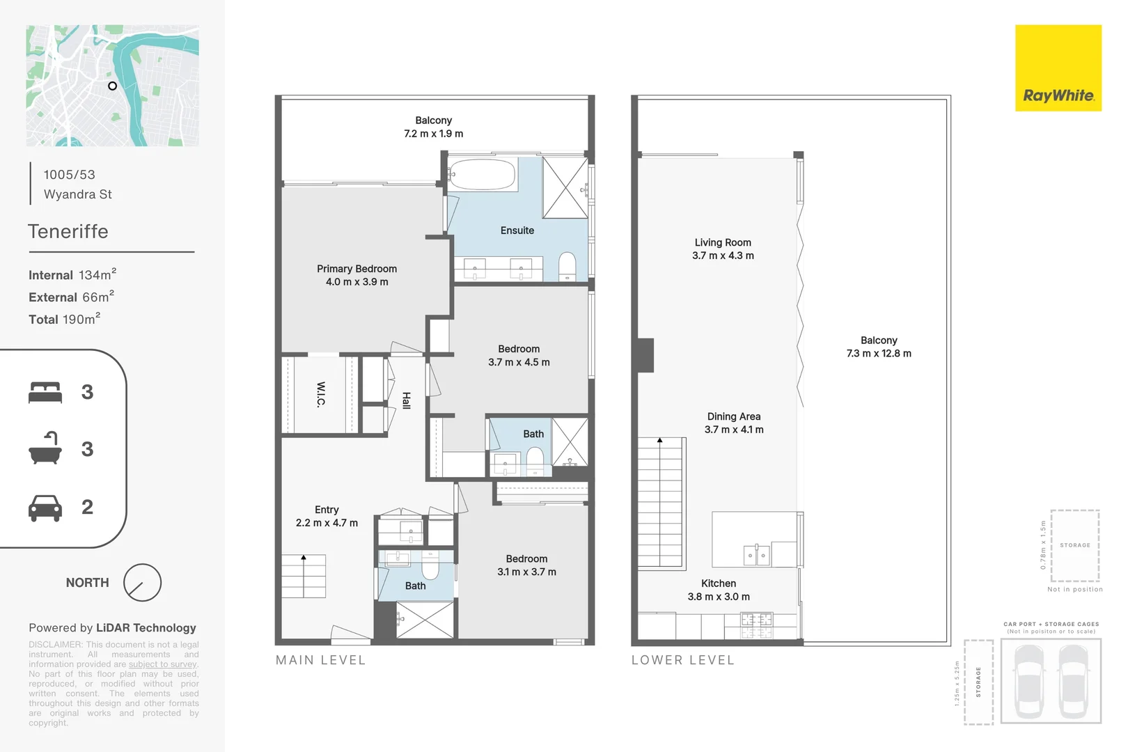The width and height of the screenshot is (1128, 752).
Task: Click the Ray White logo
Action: (x=1058, y=68)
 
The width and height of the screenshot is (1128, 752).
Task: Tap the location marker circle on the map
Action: (x=112, y=86)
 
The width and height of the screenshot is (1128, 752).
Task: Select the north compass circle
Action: (x=142, y=583)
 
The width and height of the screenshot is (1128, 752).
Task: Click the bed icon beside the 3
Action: (x=45, y=392)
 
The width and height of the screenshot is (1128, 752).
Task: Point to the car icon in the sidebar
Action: (x=45, y=508)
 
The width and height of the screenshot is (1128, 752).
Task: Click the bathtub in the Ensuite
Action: (x=482, y=174)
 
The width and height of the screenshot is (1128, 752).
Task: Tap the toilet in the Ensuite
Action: (x=567, y=266)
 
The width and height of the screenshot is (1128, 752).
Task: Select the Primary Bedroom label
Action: (x=357, y=269)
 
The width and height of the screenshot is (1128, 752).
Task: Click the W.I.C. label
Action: (x=321, y=394)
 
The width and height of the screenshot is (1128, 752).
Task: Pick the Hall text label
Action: (x=406, y=400)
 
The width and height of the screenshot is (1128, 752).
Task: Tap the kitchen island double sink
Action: (x=756, y=555)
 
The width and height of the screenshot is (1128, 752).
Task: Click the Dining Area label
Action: (x=734, y=416)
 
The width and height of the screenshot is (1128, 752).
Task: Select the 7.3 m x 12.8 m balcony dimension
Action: (x=879, y=354)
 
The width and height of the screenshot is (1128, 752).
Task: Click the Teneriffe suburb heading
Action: (x=68, y=231)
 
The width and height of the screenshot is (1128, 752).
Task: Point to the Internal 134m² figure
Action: (x=72, y=275)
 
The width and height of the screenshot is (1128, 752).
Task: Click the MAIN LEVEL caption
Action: (x=320, y=660)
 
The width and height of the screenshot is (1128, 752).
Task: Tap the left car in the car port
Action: (x=1028, y=680)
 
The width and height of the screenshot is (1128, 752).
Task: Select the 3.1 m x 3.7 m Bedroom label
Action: (x=526, y=565)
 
